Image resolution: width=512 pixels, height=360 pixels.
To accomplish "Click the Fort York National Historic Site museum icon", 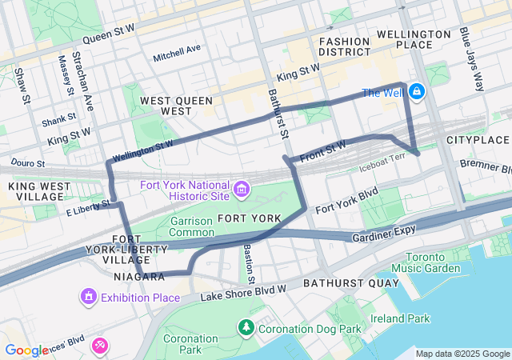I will click(242, 190).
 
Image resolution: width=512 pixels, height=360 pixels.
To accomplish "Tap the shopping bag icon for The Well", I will click(418, 93).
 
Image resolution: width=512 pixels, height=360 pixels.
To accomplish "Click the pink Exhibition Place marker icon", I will click(87, 298).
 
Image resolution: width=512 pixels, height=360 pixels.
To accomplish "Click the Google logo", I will click(26, 350).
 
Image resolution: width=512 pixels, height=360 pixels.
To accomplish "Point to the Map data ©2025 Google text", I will click(462, 354).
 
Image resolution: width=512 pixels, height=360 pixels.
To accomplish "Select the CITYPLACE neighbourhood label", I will click(478, 140).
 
